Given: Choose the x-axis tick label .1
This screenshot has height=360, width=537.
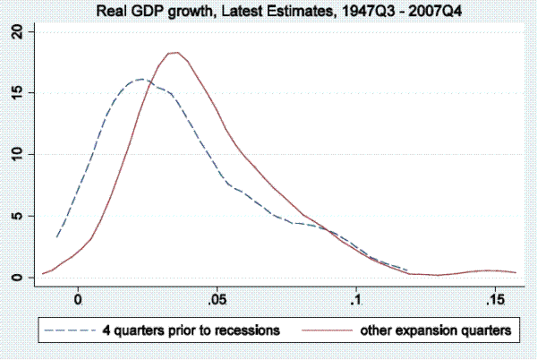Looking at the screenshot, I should tap(355, 298).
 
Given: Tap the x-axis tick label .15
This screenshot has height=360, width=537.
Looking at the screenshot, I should tap(491, 298).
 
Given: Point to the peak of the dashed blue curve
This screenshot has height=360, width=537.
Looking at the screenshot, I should tap(141, 79).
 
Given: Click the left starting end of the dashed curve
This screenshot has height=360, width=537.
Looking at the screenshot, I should tap(56, 237).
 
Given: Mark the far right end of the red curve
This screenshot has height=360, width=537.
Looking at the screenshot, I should tap(516, 272).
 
